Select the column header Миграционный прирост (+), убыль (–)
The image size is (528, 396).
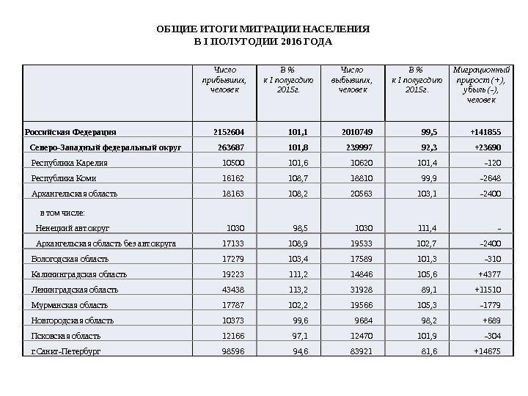pyautogui.click(x=481, y=84)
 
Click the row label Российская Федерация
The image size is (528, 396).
pyautogui.click(x=70, y=132)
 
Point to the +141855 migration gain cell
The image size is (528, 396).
pyautogui.click(x=485, y=132)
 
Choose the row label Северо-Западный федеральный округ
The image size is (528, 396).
pyautogui.click(x=106, y=147)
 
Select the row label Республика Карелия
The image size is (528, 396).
pyautogui.click(x=70, y=163)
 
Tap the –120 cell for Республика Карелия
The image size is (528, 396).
pyautogui.click(x=493, y=163)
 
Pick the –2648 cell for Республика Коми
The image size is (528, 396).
pyautogui.click(x=490, y=178)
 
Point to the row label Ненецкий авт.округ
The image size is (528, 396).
pyautogui.click(x=73, y=227)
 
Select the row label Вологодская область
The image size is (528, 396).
pyautogui.click(x=70, y=259)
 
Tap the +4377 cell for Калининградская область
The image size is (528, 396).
pyautogui.click(x=489, y=274)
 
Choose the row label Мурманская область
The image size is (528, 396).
pyautogui.click(x=70, y=305)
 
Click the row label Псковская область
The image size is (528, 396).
pyautogui.click(x=65, y=336)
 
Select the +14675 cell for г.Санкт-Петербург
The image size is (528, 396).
pyautogui.click(x=487, y=351)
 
